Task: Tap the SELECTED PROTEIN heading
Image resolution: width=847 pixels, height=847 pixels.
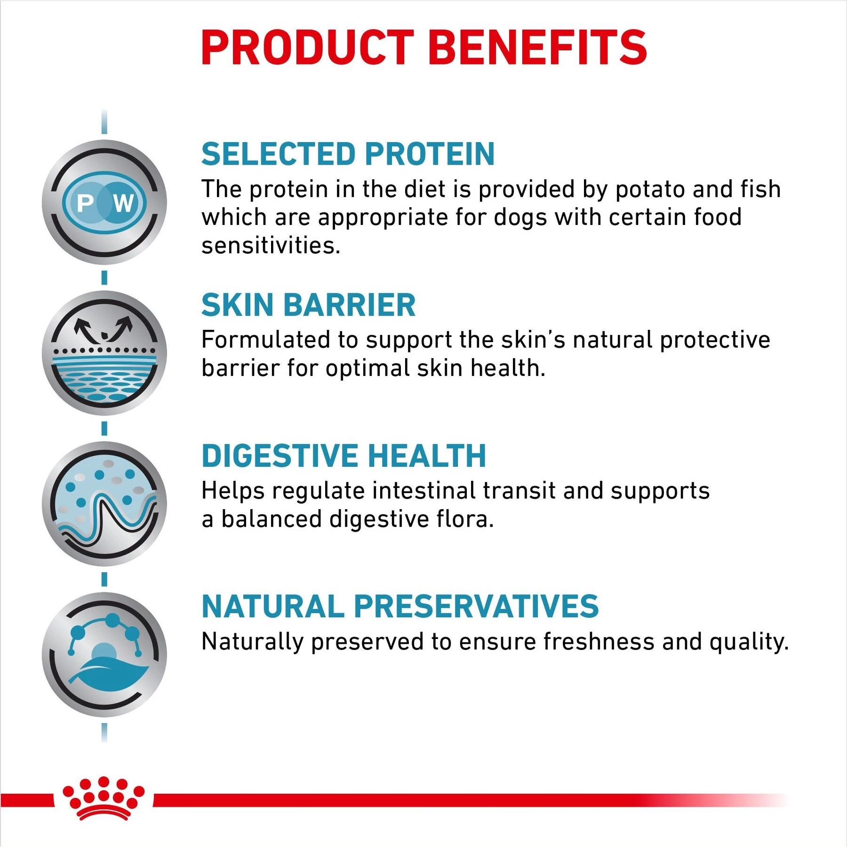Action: (x=348, y=154)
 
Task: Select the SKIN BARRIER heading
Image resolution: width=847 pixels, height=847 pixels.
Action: (x=308, y=305)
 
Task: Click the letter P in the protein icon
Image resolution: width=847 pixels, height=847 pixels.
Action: (x=85, y=203)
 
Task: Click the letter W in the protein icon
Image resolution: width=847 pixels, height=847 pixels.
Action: (x=123, y=203)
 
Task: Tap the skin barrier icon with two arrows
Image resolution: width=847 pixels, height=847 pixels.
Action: (x=104, y=353)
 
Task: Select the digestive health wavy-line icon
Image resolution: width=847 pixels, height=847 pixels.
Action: (x=104, y=503)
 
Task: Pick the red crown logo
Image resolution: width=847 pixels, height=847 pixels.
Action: (x=103, y=798)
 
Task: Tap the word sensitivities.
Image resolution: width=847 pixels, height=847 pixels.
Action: (x=271, y=246)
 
